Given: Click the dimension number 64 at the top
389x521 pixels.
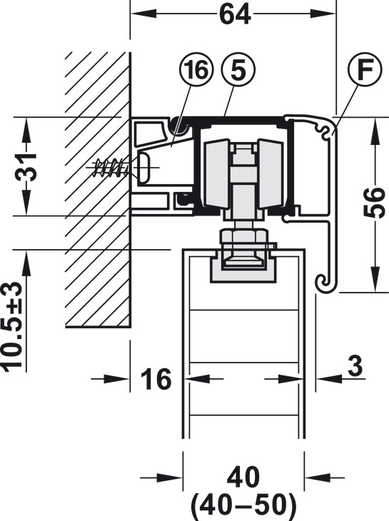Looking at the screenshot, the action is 235,14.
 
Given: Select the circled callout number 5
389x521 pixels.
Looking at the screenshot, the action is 238,70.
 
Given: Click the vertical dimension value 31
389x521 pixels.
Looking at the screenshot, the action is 26,167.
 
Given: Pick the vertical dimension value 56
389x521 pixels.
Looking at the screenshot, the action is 375,203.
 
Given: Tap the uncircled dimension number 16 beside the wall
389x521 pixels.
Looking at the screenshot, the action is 156,379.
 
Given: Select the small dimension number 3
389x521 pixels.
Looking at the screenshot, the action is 355,366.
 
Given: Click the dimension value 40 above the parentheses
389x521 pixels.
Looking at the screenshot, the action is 243,477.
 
